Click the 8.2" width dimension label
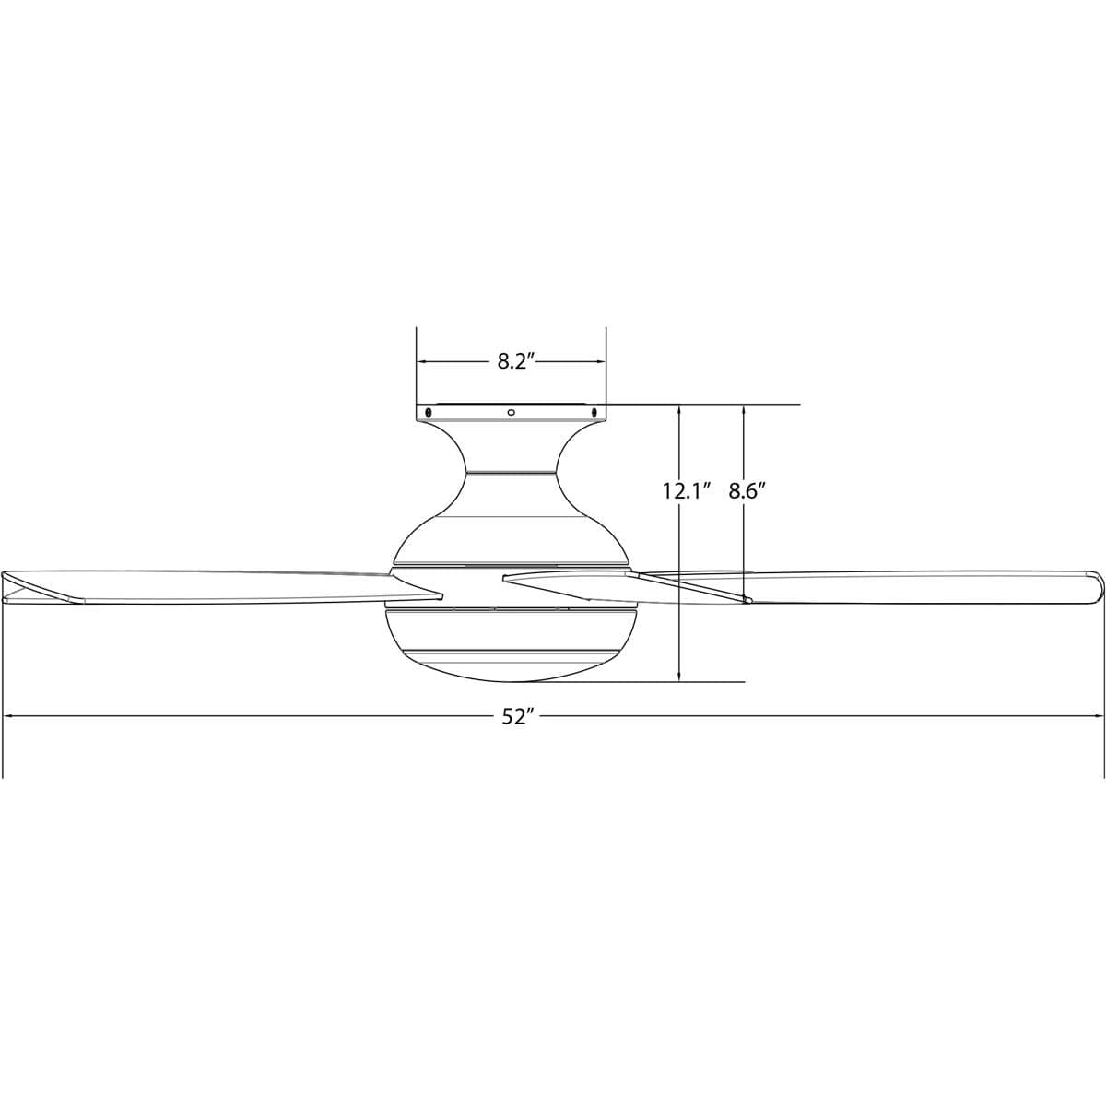click(x=512, y=361)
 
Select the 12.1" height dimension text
click(x=688, y=491)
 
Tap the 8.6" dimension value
click(x=747, y=491)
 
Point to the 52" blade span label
click(x=518, y=716)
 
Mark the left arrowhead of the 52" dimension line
click(x=9, y=715)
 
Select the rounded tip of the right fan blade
click(x=1099, y=587)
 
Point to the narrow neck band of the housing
click(x=512, y=473)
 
